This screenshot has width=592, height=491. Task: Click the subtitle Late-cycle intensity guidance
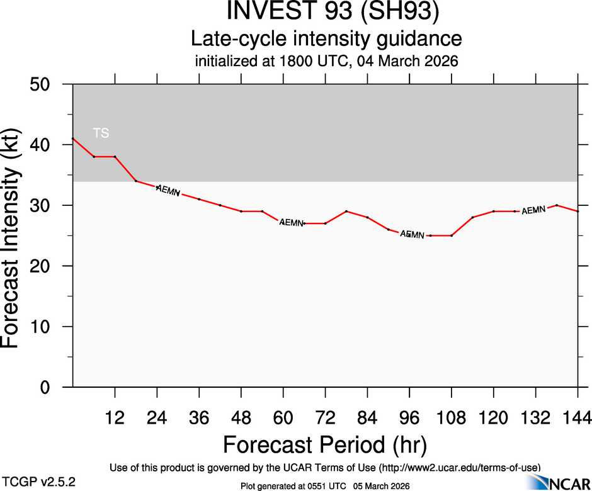coord(326,39)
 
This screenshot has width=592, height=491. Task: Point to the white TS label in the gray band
coord(101,133)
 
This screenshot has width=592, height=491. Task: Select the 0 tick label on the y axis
coord(53,387)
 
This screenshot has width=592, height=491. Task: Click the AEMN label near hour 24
coord(168,190)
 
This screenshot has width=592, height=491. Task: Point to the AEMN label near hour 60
coord(292,222)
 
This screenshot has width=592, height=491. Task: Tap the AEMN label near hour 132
coord(533,210)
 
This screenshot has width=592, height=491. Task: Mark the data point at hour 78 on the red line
coord(346,212)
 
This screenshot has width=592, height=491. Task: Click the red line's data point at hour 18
coord(136,181)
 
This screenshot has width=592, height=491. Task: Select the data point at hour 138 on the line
coord(557,205)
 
